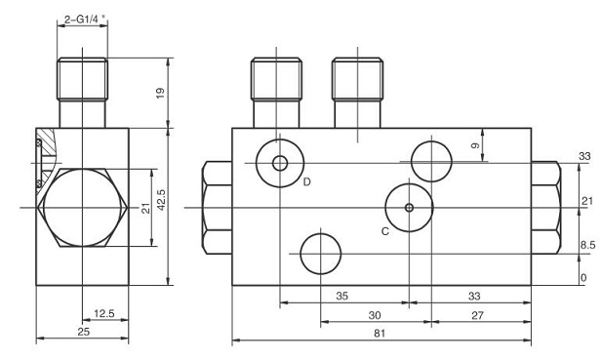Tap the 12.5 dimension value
103,314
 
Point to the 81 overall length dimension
381,334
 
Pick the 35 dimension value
341,295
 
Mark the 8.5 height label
586,246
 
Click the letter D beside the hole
305,182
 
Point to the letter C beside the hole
385,230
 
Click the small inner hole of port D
280,163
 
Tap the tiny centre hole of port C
409,207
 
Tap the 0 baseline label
583,279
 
